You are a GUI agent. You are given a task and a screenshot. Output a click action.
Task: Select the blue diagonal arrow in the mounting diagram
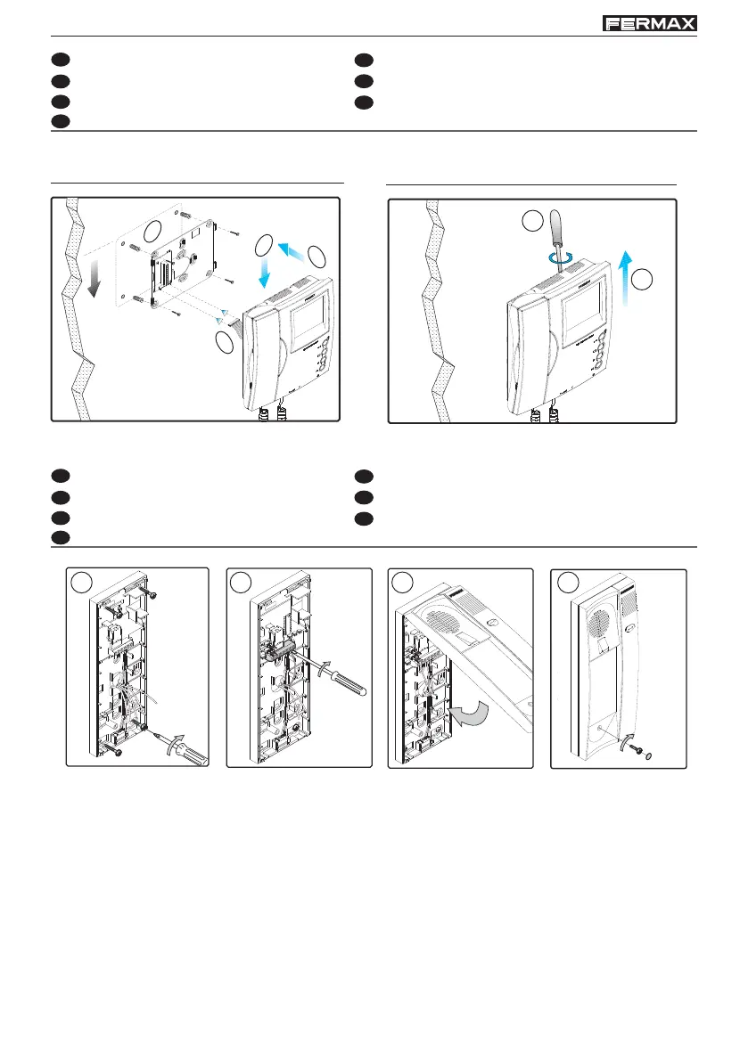[290, 250]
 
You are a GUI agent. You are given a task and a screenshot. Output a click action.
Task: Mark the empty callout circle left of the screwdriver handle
[533, 220]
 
